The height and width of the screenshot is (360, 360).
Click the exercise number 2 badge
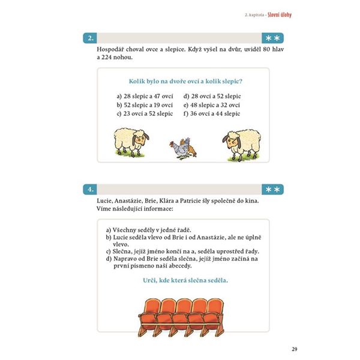[90, 38]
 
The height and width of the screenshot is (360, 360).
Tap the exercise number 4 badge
[90, 190]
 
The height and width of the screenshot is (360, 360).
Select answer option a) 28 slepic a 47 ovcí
[145, 96]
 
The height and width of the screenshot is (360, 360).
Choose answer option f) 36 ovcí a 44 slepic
[212, 113]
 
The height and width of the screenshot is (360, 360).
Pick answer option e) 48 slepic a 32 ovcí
[212, 105]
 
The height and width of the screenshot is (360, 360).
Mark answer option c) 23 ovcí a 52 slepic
[145, 113]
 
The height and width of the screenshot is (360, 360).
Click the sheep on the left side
[131, 142]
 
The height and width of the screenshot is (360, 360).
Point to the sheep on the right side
[242, 145]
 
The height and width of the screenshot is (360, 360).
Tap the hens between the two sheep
[183, 148]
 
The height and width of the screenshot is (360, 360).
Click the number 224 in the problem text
[107, 58]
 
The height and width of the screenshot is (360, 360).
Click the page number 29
[295, 349]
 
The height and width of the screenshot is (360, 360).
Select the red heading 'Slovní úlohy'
[280, 15]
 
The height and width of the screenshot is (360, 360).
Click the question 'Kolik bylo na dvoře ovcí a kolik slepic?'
[185, 81]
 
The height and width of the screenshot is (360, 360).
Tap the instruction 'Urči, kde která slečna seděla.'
[185, 280]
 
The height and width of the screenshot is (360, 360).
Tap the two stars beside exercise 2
[273, 38]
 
